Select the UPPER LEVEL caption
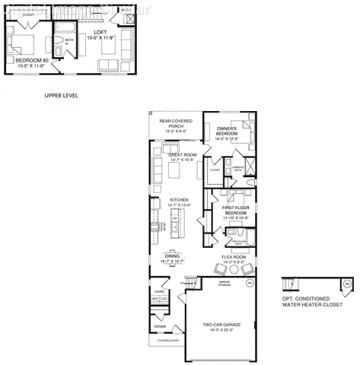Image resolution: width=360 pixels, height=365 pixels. pos(62,97)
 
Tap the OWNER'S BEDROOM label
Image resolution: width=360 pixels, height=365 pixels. pos(228,130)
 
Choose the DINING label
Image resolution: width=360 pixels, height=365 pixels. pos(172,256)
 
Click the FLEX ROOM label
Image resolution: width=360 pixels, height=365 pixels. pos(233,257)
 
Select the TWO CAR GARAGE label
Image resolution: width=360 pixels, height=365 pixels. pos(222,325)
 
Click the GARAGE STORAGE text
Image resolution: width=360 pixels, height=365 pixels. pos(225,283)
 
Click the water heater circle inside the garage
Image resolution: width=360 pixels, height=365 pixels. pos(249,284)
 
